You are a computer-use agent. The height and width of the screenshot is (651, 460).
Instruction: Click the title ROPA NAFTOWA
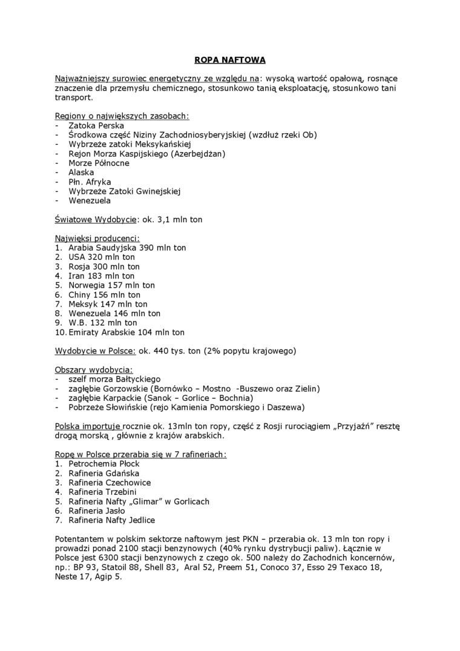(229, 60)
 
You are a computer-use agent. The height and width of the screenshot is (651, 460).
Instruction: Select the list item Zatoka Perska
(96, 125)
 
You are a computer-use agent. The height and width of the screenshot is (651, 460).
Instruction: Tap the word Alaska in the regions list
(81, 172)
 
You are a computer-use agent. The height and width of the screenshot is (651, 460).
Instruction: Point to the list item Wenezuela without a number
(90, 200)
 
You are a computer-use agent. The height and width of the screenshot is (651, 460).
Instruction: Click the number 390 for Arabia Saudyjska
(148, 248)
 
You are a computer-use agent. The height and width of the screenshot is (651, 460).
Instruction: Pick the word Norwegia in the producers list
(87, 285)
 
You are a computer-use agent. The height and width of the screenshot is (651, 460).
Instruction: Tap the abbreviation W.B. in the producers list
(79, 323)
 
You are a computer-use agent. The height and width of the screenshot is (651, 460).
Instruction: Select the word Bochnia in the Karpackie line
(235, 398)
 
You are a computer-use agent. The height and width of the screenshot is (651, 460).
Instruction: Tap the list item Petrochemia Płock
(103, 464)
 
